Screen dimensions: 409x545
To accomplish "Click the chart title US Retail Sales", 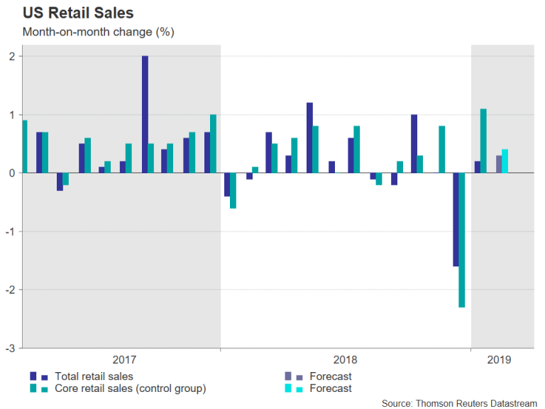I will pyautogui.click(x=78, y=13).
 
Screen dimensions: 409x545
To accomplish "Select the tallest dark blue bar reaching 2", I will pyautogui.click(x=145, y=114).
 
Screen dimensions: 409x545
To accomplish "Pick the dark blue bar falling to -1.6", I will pyautogui.click(x=455, y=219).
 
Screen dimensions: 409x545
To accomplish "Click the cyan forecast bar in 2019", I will pyautogui.click(x=505, y=161).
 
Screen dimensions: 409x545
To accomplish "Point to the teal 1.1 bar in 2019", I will pyautogui.click(x=483, y=141).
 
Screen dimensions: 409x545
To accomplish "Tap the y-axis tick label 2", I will pyautogui.click(x=12, y=56).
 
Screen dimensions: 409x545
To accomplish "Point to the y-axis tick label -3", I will pyautogui.click(x=10, y=348).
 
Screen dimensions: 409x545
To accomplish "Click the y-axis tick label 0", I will pyautogui.click(x=12, y=173).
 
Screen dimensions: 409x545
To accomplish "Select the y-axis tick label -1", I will pyautogui.click(x=10, y=231).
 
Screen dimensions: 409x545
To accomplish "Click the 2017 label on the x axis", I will pyautogui.click(x=124, y=360).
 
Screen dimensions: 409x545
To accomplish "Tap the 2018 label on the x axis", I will pyautogui.click(x=346, y=360).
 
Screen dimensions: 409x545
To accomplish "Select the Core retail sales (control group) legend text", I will pyautogui.click(x=131, y=388).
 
